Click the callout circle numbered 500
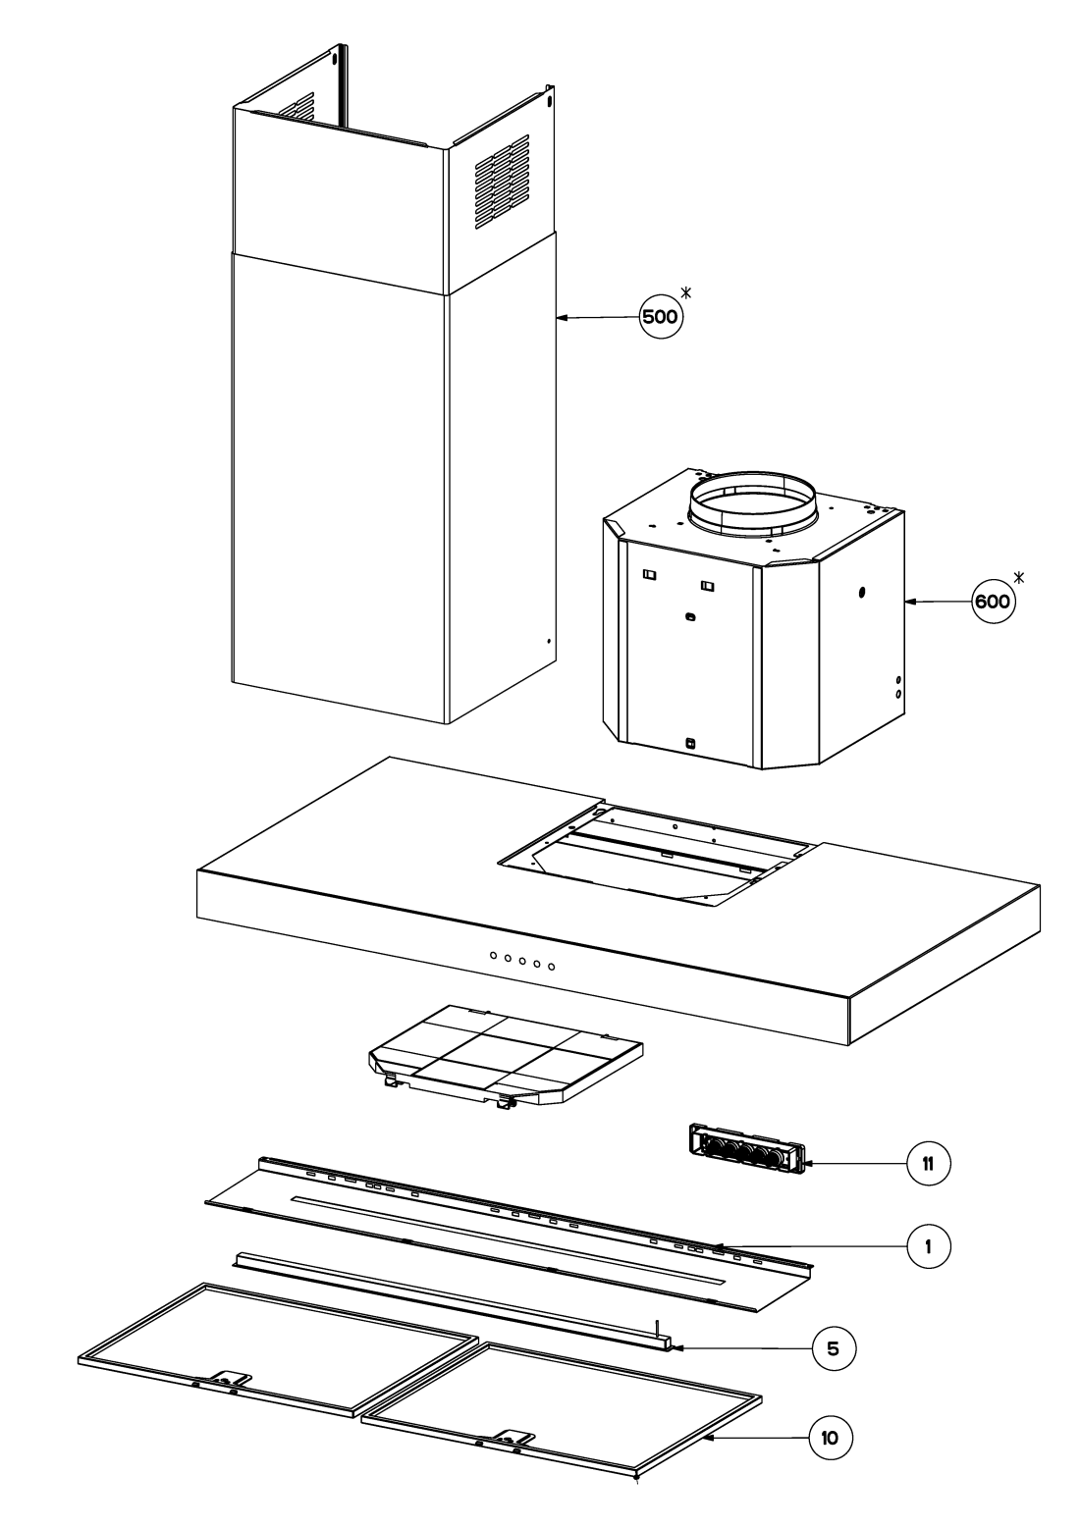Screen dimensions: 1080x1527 (x=661, y=316)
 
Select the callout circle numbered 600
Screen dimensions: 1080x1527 (x=993, y=602)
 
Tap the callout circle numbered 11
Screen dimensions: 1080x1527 (x=928, y=1163)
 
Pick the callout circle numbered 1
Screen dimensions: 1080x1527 (x=928, y=1246)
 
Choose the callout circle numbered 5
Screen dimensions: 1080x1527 (x=834, y=1348)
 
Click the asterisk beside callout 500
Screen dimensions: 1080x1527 (x=686, y=293)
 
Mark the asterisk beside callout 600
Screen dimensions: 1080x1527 (x=1019, y=578)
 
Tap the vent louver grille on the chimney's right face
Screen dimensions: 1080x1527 (x=503, y=182)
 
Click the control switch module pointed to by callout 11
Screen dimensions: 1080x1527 (x=747, y=1149)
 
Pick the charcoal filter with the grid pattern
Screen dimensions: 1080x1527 (x=506, y=1057)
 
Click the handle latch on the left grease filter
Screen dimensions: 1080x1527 (x=229, y=1381)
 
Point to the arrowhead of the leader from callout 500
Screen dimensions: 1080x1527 (x=562, y=317)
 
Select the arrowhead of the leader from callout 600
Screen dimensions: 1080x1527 (x=910, y=602)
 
